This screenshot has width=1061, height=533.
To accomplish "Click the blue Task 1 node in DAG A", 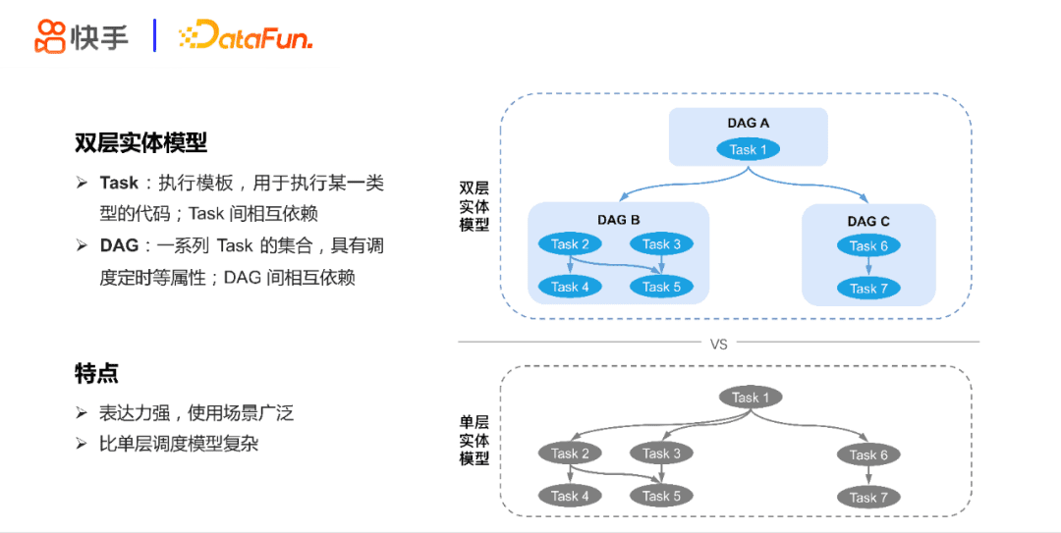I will tap(748, 149).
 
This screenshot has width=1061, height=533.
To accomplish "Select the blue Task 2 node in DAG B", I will tap(570, 243).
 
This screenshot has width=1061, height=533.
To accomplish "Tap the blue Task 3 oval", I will tap(661, 243).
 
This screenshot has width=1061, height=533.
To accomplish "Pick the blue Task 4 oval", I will tap(570, 287).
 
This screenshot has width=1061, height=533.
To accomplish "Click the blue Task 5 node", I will tap(661, 287).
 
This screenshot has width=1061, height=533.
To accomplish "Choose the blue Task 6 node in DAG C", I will tap(868, 245).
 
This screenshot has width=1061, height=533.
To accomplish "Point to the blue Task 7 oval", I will tap(868, 288).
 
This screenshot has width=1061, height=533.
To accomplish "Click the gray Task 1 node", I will tap(751, 398).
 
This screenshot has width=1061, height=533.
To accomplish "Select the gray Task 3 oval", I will tap(661, 453).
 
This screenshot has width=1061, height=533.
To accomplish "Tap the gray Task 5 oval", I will tap(661, 496).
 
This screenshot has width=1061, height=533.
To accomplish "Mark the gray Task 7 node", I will tap(868, 497).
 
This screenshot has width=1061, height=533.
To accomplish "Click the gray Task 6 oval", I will tap(868, 454).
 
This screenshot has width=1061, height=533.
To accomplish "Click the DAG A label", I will tap(748, 123).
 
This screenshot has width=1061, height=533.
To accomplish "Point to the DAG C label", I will tap(868, 221).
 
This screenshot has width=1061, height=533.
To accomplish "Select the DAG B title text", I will tap(618, 220).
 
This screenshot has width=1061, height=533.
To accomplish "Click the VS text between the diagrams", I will tap(718, 344).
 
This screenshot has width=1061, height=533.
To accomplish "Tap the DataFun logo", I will tap(245, 37).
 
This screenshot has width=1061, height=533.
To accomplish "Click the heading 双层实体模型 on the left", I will tap(140, 142).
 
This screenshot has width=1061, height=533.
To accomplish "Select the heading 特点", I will tap(96, 373).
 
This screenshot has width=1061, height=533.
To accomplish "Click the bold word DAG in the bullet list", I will tap(119, 245).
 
